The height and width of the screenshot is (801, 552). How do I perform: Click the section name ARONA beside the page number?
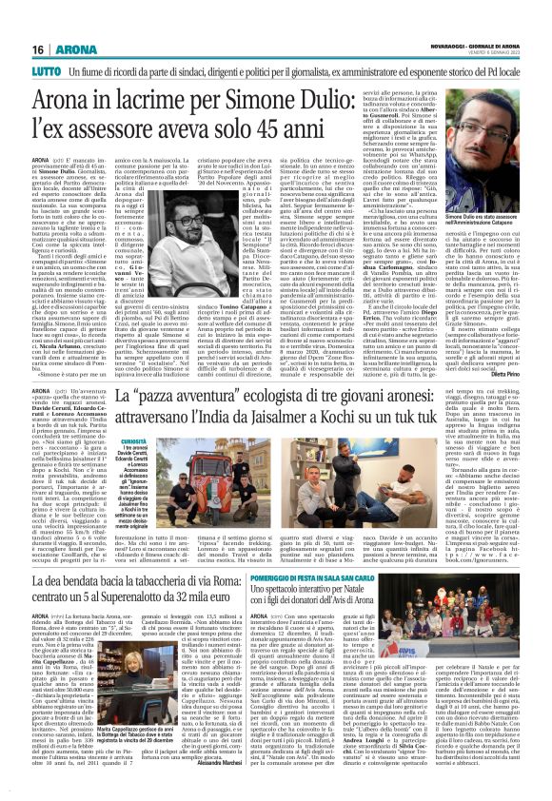point(49,23)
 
